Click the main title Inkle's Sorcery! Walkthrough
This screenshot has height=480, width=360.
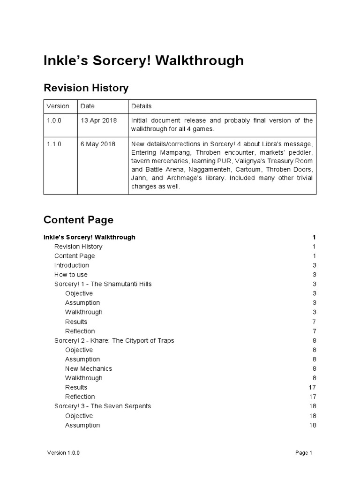pos(143,60)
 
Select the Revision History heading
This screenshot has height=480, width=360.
pos(86,88)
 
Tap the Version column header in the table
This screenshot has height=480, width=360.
pos(58,106)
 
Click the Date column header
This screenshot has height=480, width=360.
pos(88,106)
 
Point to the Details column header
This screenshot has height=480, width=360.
pos(141,106)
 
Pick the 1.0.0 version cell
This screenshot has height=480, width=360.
pos(54,120)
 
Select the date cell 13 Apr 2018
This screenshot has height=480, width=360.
pos(99,120)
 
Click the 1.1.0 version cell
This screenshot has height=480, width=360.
pos(54,144)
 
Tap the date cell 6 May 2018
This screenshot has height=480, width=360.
pos(98,144)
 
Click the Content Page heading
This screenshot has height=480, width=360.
pos(78,219)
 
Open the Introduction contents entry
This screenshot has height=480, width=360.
pos(71,265)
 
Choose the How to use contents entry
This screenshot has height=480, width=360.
pos(71,275)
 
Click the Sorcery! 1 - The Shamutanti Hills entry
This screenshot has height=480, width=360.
pos(103,284)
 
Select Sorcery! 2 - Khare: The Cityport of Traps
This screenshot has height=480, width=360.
pos(114,340)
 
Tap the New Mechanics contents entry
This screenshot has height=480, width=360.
pos(88,368)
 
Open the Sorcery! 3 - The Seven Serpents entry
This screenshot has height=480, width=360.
pos(103,406)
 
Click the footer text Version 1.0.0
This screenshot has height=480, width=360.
pos(64,453)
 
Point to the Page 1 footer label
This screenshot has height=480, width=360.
pos(303,453)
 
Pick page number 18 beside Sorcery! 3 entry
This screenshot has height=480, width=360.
pos(312,406)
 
